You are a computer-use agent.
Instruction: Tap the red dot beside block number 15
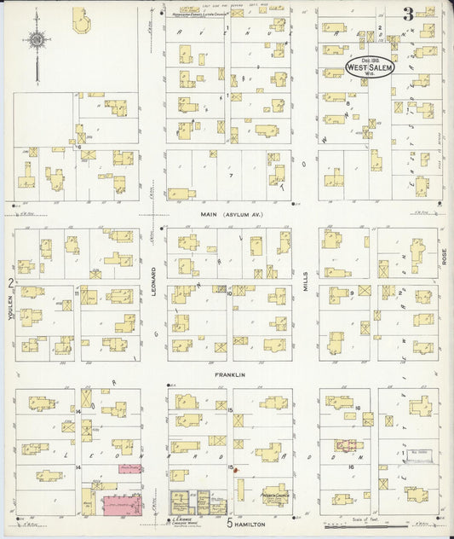236,470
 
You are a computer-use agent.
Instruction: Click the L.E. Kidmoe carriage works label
182,519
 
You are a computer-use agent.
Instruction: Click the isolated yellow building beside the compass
81,20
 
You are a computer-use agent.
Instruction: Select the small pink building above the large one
129,468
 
